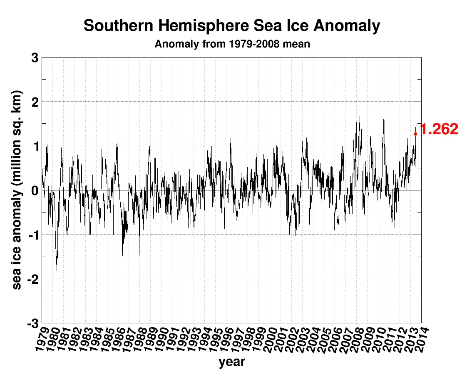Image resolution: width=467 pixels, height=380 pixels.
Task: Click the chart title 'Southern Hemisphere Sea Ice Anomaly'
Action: [x=232, y=26]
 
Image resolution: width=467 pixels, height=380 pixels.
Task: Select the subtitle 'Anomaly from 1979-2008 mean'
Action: [x=232, y=44]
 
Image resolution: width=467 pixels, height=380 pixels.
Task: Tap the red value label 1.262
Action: [x=440, y=130]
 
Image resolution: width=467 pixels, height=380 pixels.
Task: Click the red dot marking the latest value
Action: [x=415, y=133]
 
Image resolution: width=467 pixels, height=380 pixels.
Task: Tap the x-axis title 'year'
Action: [x=232, y=362]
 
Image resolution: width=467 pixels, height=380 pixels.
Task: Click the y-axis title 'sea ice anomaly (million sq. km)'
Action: [x=17, y=190]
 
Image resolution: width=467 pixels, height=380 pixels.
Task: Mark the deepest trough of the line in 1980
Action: [x=57, y=271]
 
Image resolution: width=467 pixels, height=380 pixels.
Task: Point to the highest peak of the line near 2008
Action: [x=356, y=109]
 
